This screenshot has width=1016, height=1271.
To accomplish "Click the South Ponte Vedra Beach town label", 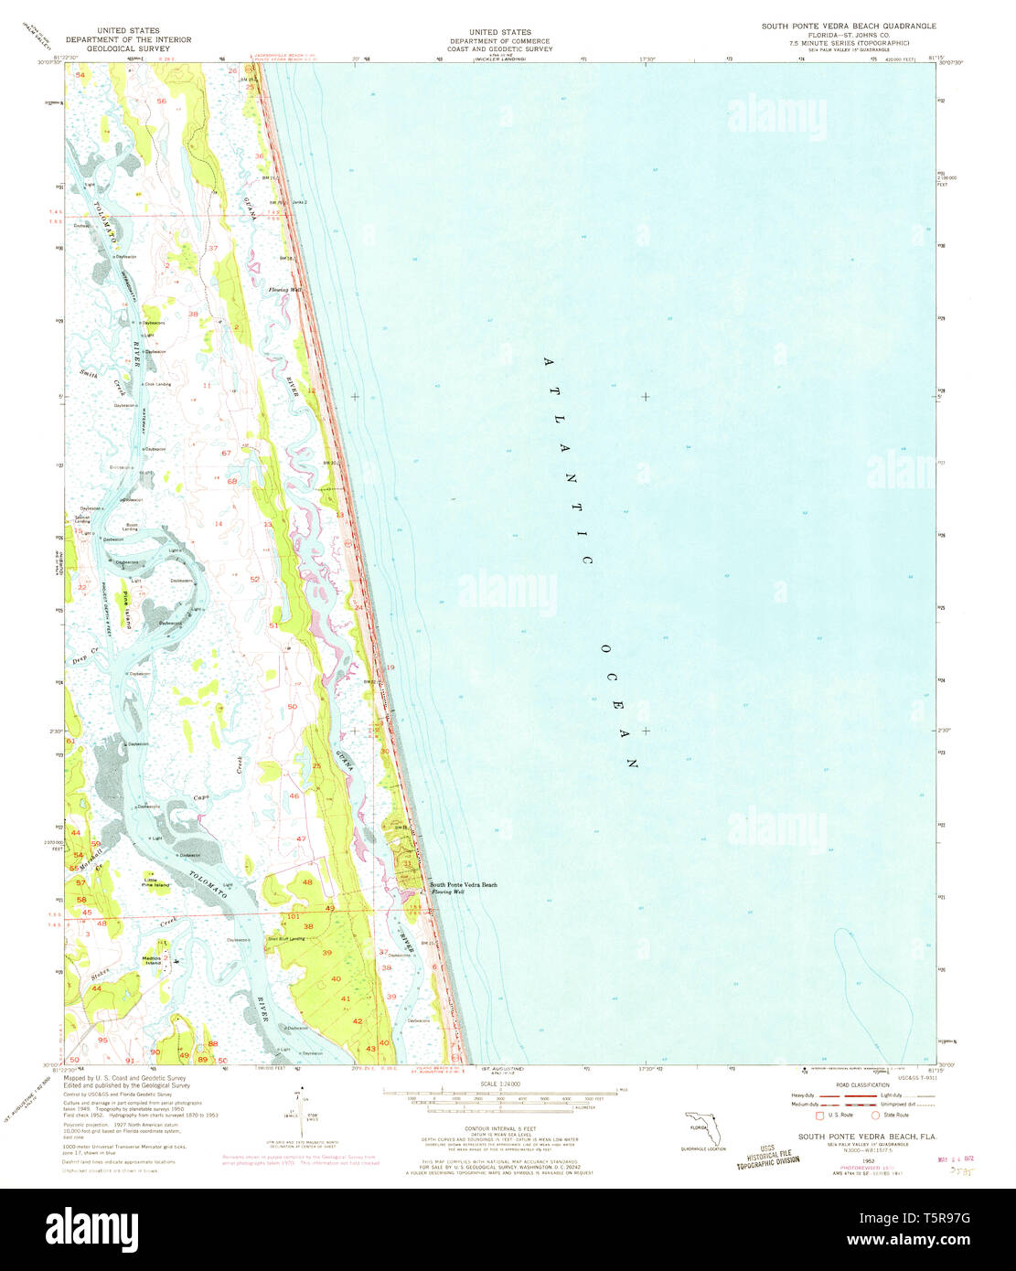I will [x=464, y=884].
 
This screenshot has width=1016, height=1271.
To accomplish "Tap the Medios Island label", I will [x=152, y=960].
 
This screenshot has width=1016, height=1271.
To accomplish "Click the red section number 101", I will [x=293, y=915].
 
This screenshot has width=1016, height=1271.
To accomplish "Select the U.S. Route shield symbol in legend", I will [x=818, y=1115].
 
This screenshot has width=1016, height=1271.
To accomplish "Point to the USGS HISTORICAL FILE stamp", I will [x=768, y=1155].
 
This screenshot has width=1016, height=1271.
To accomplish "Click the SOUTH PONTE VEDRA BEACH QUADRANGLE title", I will [x=849, y=27].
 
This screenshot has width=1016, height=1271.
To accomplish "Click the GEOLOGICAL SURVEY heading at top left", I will [x=127, y=48].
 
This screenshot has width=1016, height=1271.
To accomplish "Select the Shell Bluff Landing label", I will [x=284, y=938].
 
